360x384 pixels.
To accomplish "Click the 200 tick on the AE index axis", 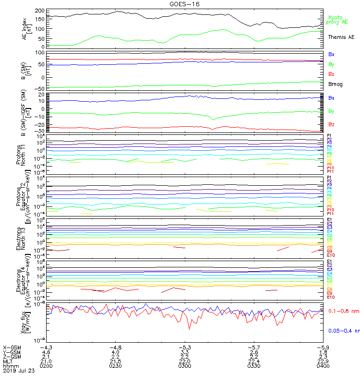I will point(40,11).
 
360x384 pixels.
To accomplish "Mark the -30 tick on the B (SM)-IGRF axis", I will point(40,131).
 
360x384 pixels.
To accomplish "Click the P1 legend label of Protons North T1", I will point(330,136).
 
